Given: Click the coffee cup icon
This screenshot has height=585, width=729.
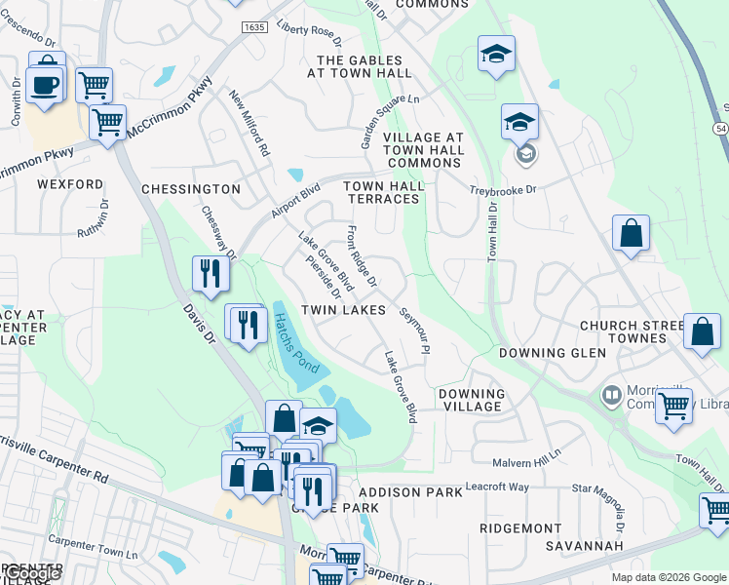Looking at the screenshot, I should coord(46,85).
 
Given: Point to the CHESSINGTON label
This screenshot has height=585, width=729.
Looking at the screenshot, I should coord(191,188).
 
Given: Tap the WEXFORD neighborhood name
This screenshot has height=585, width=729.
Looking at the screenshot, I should coord(70,183).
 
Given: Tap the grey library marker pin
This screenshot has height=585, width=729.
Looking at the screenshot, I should coord(612,396).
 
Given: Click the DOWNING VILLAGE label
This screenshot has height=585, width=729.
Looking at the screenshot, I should coord(472,401).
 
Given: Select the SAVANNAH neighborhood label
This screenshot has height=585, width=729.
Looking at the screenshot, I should coord(584,546).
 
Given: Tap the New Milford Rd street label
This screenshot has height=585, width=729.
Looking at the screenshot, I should coord(249,124).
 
